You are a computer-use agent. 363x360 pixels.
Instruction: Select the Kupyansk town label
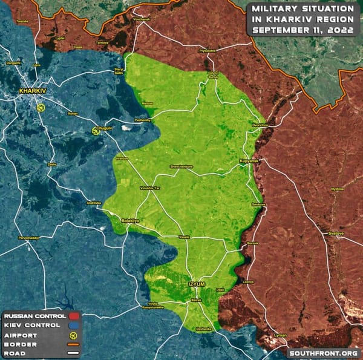[x=248, y=162]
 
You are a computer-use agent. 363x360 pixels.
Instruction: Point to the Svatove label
[x=336, y=233]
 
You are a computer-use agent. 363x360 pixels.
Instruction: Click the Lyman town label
[x=281, y=335]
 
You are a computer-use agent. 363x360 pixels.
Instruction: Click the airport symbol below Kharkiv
[x=41, y=107]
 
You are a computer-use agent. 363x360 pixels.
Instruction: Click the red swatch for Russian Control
[x=75, y=316]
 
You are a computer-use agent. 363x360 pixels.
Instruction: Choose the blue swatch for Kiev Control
[x=75, y=325]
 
